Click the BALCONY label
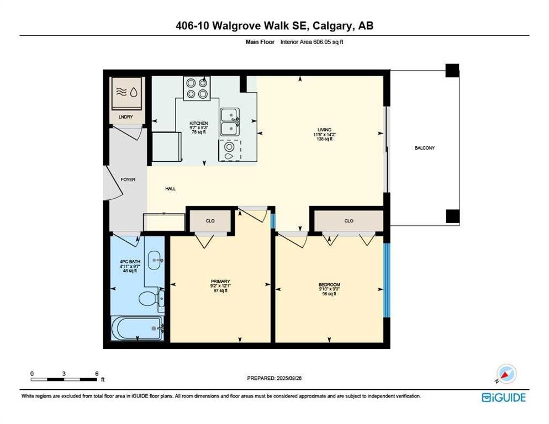pyautogui.click(x=424, y=148)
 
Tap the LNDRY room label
pyautogui.click(x=126, y=117)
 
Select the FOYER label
pyautogui.click(x=128, y=179)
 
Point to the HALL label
pyautogui.click(x=171, y=189)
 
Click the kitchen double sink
pyautogui.click(x=230, y=122)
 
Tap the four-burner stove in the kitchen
pyautogui.click(x=197, y=88)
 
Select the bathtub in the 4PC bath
pyautogui.click(x=137, y=328)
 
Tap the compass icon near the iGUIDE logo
pyautogui.click(x=506, y=374)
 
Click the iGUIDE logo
pyautogui.click(x=504, y=397)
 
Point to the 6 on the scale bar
pyautogui.click(x=97, y=374)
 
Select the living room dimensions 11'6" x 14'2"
pyautogui.click(x=325, y=135)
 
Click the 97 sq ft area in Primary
pyautogui.click(x=220, y=290)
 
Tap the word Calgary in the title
pyautogui.click(x=332, y=25)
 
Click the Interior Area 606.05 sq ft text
pyautogui.click(x=312, y=42)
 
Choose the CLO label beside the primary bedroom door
pyautogui.click(x=210, y=221)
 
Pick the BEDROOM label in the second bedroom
pyautogui.click(x=329, y=285)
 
